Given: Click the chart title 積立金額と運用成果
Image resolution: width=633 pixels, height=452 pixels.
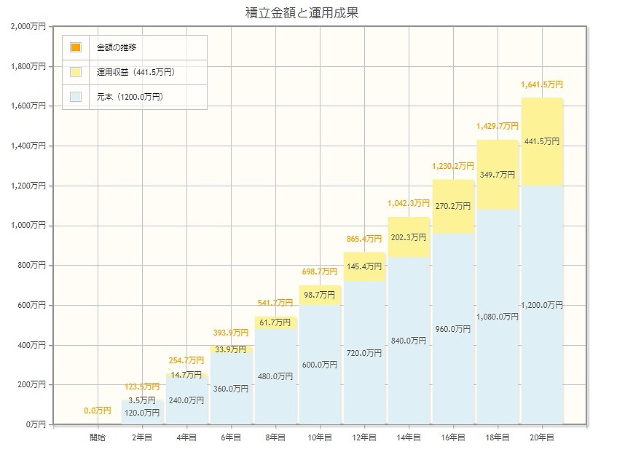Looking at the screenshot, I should click(x=302, y=13).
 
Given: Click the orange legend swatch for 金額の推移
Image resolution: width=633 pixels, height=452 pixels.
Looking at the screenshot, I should click(x=76, y=47).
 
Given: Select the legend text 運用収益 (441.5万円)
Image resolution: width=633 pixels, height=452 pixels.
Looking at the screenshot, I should click(x=136, y=72).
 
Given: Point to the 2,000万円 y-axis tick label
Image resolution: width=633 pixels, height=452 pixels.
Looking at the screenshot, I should click(x=28, y=26).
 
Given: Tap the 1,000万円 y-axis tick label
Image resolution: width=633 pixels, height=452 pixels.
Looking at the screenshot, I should click(x=28, y=225).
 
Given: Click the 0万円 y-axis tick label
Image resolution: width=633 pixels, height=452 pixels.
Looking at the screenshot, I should click(x=34, y=424).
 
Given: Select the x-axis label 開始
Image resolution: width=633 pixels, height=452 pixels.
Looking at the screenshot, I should click(x=98, y=437).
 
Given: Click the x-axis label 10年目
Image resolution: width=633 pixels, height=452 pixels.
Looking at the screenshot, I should click(x=320, y=437).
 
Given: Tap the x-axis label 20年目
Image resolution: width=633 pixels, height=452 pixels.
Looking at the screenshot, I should click(x=542, y=437).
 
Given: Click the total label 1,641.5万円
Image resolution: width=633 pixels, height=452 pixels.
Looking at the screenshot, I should click(x=542, y=85).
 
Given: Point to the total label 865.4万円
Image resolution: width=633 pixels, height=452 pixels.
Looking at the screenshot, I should click(x=363, y=239).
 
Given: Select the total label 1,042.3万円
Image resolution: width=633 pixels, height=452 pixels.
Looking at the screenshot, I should click(x=408, y=204).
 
